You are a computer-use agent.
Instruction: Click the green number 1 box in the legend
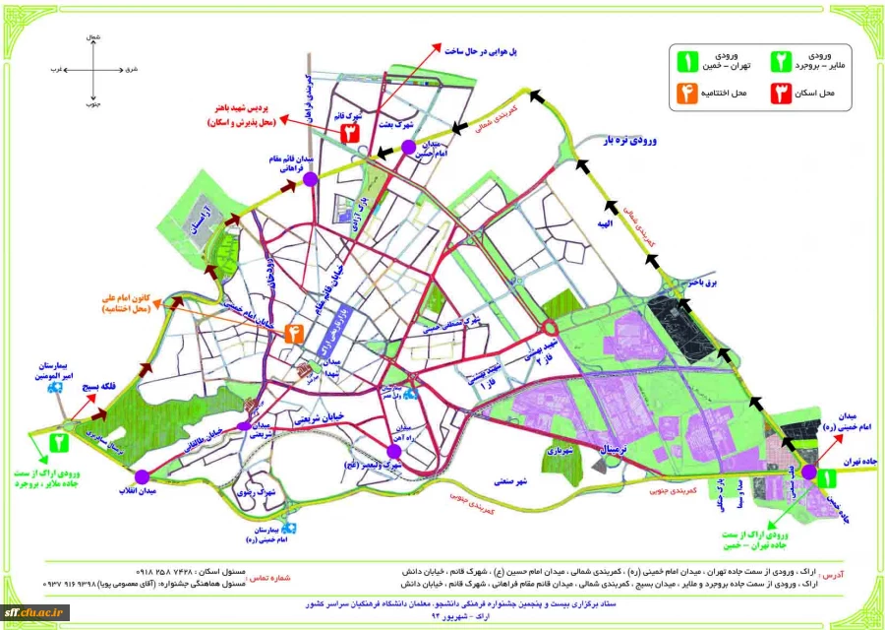686,61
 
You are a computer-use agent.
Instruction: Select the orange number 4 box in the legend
686,95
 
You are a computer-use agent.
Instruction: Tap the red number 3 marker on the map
348,134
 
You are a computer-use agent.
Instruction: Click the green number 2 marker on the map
60,442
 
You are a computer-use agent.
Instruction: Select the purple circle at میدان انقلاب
142,477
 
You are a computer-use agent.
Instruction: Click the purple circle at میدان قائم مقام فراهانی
310,179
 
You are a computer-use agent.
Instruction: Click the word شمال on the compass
94,36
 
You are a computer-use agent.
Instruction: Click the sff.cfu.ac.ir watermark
35,611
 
